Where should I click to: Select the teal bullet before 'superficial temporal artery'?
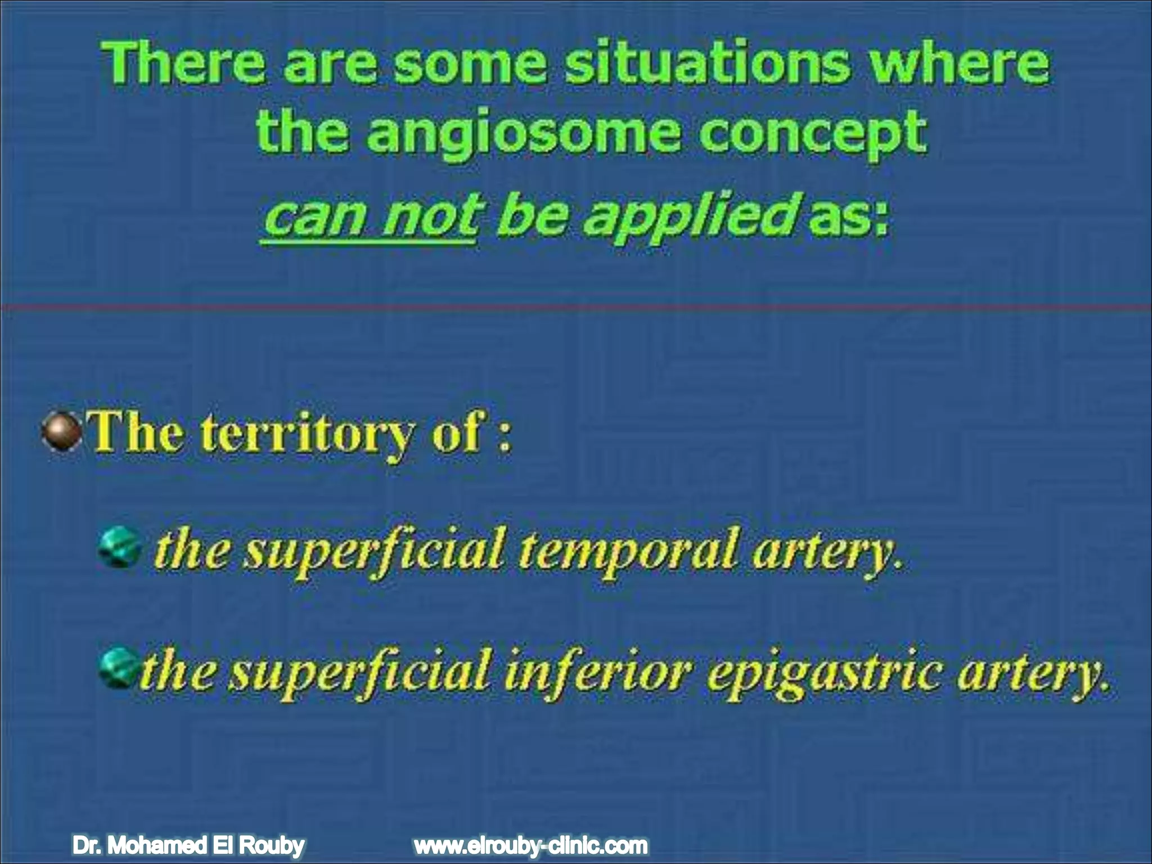pyautogui.click(x=119, y=548)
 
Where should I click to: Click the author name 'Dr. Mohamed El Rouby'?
pyautogui.click(x=188, y=845)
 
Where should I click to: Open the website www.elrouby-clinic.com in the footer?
pyautogui.click(x=530, y=845)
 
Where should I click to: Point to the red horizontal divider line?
pyautogui.click(x=576, y=307)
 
